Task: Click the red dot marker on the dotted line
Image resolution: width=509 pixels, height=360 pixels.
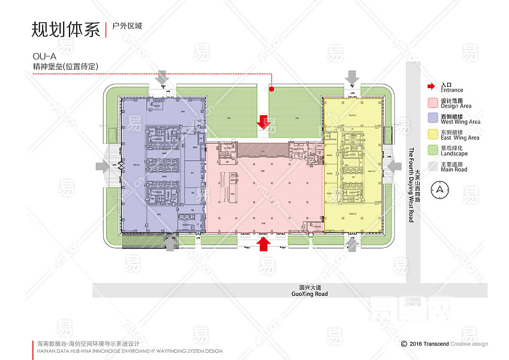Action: pos(271,89)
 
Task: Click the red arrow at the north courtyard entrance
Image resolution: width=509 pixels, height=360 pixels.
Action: pos(263,121)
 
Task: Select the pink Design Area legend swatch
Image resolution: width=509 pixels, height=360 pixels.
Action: pos(432,103)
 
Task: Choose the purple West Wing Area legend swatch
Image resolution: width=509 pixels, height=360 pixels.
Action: pos(432,118)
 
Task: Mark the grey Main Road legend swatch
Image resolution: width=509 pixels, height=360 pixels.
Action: pos(432,166)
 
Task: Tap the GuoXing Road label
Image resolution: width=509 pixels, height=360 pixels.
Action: pos(309,294)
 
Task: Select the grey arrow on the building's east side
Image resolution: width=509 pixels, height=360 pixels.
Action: pos(394,166)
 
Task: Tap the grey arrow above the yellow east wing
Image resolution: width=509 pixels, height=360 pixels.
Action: pos(353,77)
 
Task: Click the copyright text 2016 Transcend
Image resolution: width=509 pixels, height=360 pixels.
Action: pos(430,344)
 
